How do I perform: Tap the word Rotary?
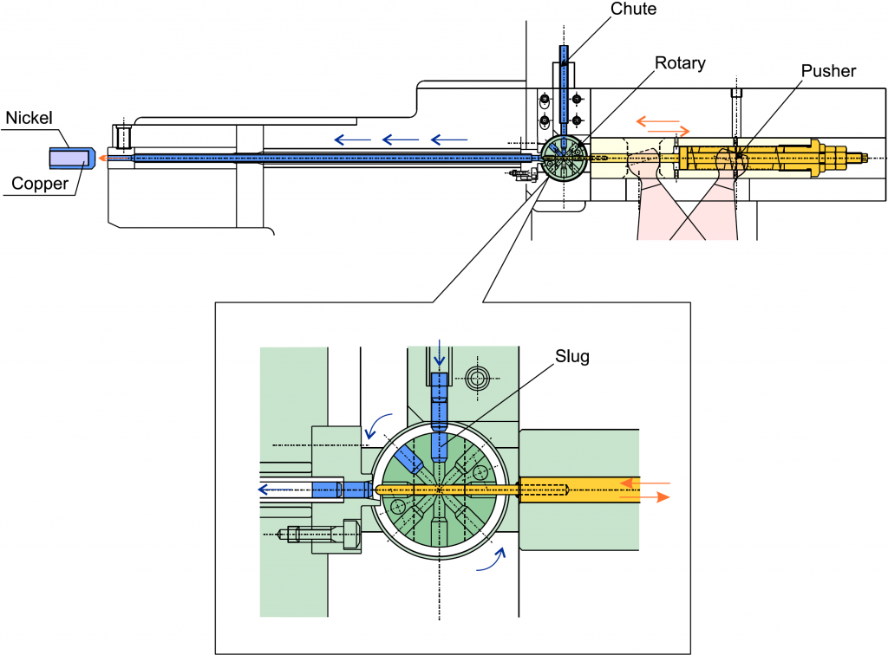pyautogui.click(x=680, y=63)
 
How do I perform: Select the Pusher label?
pyautogui.click(x=829, y=71)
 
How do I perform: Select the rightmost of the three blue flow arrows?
pyautogui.click(x=449, y=138)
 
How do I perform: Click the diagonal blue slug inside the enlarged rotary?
pyautogui.click(x=408, y=458)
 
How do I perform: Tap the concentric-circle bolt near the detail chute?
pyautogui.click(x=477, y=377)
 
